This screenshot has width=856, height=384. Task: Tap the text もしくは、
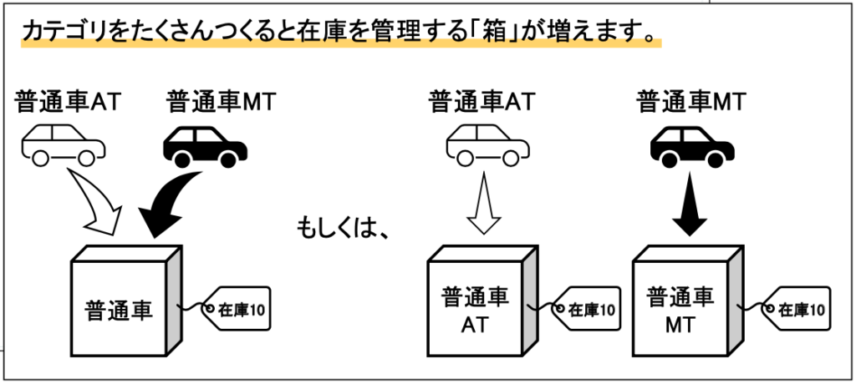click(x=344, y=227)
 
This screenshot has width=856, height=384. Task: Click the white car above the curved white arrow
click(x=64, y=144)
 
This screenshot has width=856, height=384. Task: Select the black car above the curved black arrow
click(x=204, y=144)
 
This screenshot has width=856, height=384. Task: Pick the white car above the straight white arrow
click(x=487, y=144)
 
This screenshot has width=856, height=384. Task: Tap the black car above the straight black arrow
click(x=692, y=144)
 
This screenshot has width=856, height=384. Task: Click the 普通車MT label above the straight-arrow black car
click(x=690, y=102)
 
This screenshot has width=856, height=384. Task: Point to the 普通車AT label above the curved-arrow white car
click(x=69, y=102)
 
